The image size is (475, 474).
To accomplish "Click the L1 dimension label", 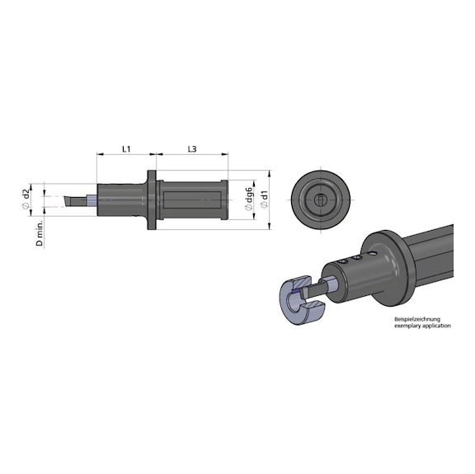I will click(126, 149).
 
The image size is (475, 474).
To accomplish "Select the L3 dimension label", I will click(191, 149).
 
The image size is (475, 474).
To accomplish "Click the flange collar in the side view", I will click(153, 200).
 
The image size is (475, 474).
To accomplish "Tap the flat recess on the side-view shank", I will click(194, 199).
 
